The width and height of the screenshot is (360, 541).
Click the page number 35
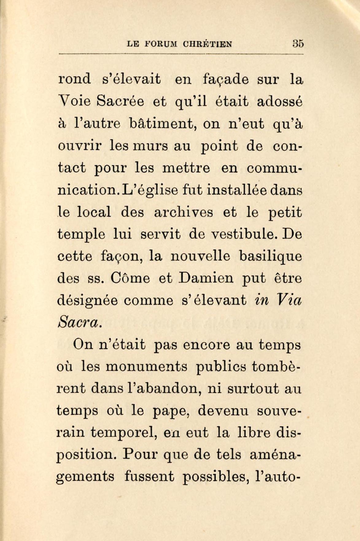pyautogui.click(x=298, y=44)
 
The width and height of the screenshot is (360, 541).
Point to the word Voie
pyautogui.click(x=75, y=102)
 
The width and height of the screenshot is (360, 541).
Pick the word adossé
pyautogui.click(x=280, y=102)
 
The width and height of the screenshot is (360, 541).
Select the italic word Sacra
pyautogui.click(x=78, y=322)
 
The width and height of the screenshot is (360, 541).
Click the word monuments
pyautogui.click(x=146, y=367)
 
